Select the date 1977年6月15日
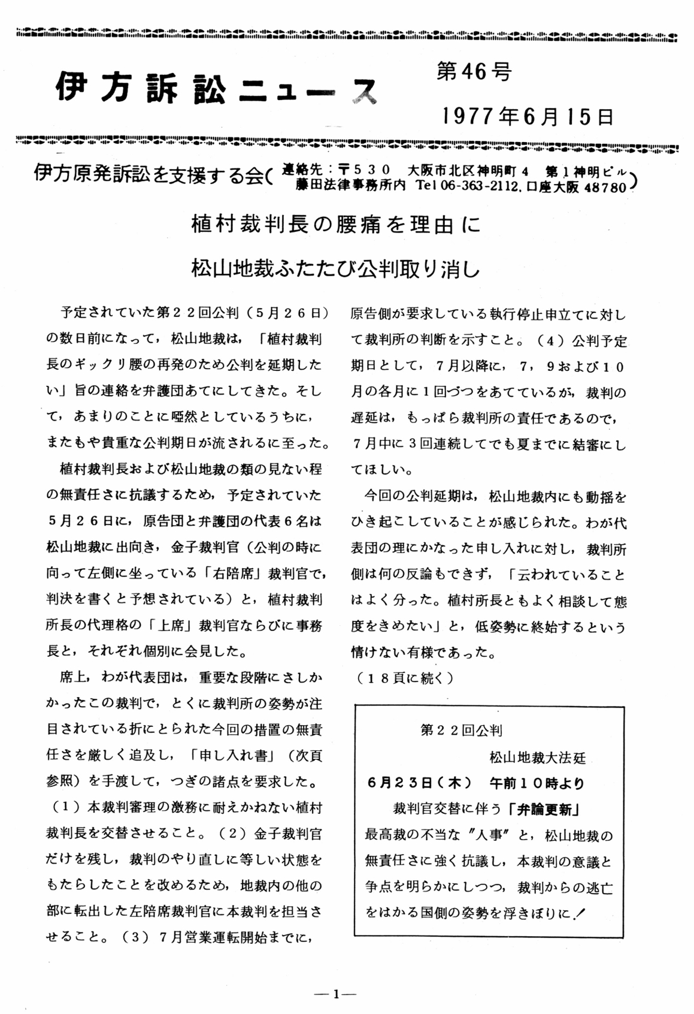point(528,116)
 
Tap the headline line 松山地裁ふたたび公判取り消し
point(336,268)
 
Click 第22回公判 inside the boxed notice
point(462,730)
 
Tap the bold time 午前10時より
point(536,783)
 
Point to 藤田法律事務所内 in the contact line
point(350,186)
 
